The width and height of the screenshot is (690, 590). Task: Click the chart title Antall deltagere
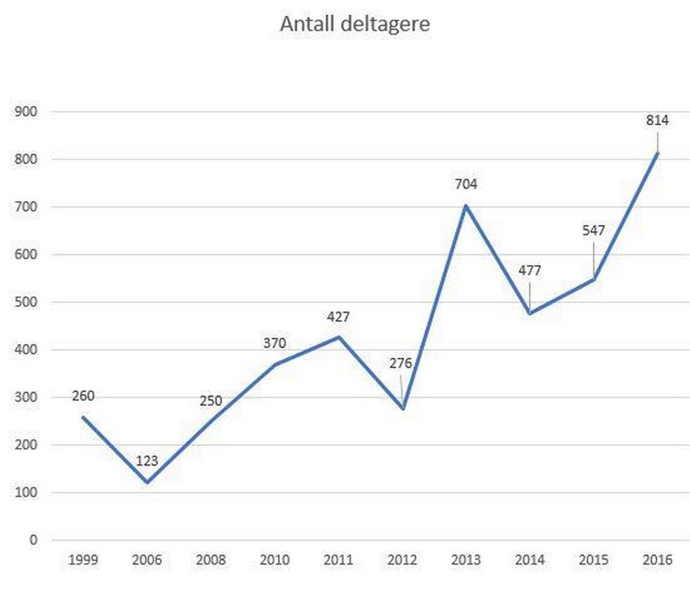tap(354, 24)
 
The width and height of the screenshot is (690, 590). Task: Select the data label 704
tap(466, 185)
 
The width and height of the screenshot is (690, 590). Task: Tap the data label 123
tap(147, 461)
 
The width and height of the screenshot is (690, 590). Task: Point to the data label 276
tap(401, 364)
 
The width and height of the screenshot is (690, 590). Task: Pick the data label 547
tap(594, 231)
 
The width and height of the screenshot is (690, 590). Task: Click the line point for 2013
tap(466, 205)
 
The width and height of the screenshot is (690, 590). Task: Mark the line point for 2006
tap(147, 482)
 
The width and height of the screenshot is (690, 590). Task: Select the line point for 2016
tap(657, 153)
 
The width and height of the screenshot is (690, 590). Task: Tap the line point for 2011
tap(339, 337)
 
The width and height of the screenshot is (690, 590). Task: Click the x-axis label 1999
tap(83, 560)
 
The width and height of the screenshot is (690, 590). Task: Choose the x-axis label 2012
tap(402, 560)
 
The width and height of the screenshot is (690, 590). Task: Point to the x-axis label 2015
tap(594, 560)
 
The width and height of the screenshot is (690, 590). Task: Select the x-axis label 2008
tap(211, 560)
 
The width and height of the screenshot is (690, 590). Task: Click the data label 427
tap(338, 316)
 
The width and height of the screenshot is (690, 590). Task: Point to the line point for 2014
tap(529, 314)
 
